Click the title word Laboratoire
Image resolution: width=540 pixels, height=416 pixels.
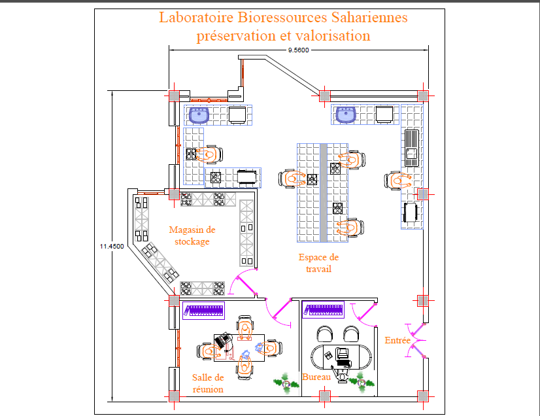pyautogui.click(x=190, y=17)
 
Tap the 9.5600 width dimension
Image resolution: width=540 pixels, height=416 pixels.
pyautogui.click(x=298, y=50)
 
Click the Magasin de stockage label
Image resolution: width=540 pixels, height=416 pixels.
pyautogui.click(x=192, y=235)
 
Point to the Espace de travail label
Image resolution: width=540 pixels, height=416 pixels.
pyautogui.click(x=318, y=263)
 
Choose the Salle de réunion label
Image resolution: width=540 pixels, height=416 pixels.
pyautogui.click(x=208, y=383)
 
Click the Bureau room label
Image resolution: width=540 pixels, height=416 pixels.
pyautogui.click(x=316, y=377)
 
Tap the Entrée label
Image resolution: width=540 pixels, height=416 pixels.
pyautogui.click(x=397, y=341)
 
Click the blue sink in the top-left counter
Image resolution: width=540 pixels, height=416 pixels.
pyautogui.click(x=198, y=115)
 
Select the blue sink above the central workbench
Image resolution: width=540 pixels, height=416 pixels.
pyautogui.click(x=345, y=115)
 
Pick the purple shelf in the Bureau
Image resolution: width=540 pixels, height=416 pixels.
pyautogui.click(x=323, y=309)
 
